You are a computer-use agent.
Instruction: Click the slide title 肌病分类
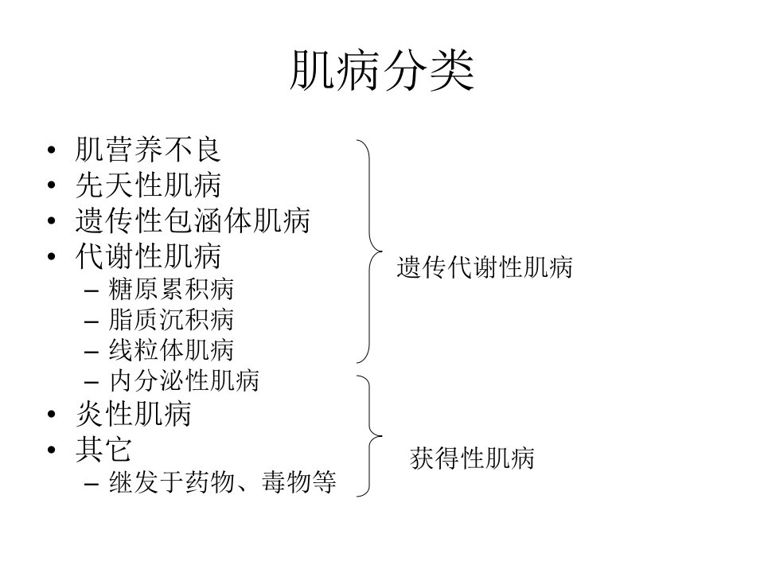pos(382,70)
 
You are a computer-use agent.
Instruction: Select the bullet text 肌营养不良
pos(148,149)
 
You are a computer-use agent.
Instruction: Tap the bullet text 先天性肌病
pos(148,185)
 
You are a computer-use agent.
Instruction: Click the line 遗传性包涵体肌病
pos(193,220)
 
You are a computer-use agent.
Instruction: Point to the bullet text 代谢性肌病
pos(148,256)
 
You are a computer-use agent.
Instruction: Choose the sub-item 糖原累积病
pos(171,290)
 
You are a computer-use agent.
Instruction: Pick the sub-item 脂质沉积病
pos(171,320)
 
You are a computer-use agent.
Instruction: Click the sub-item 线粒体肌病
pos(171,350)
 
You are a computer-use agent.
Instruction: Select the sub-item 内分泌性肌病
pos(184,380)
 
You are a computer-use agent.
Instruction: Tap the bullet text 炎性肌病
pos(134,414)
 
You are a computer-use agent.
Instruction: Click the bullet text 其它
pos(103,449)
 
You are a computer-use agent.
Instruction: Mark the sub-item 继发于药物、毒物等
pos(223,482)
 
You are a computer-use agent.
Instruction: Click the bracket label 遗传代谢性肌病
pos(485,267)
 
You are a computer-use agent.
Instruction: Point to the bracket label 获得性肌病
pos(472,458)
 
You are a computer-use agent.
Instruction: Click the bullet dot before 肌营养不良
pos(52,150)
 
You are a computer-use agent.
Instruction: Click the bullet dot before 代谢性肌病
pos(52,257)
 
